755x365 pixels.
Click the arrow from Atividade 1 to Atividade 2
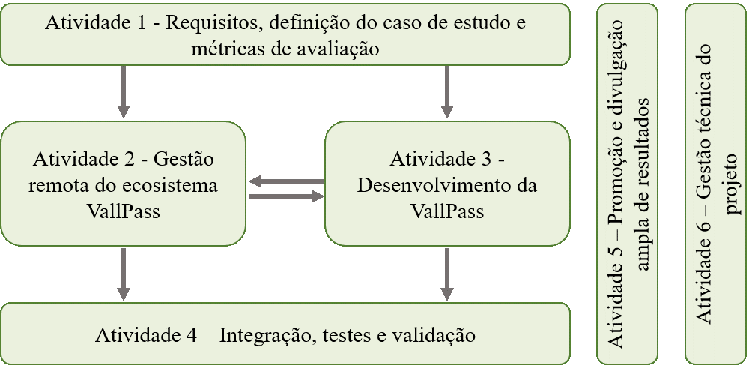coord(124,91)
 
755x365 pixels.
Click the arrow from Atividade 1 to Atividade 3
coord(447,91)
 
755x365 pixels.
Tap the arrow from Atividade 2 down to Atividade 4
coord(124,273)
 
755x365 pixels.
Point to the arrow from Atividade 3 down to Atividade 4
coord(447,273)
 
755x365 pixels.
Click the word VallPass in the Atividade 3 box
coord(447,211)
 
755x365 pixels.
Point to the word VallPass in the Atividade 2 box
coord(124,211)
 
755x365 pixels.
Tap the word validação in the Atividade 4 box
coord(436,334)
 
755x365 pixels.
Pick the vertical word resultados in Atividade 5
coord(643,136)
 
